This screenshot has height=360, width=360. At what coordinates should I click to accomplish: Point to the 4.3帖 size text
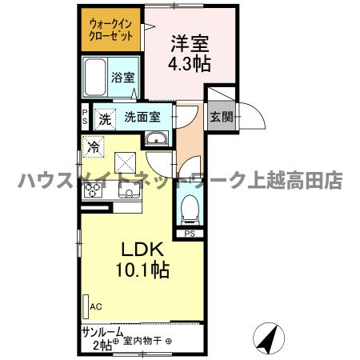(x=189, y=65)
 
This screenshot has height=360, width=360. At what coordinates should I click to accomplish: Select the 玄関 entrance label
(x=222, y=117)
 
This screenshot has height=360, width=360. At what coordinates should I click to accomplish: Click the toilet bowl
(x=189, y=210)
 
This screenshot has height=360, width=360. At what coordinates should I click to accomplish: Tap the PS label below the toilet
(x=190, y=234)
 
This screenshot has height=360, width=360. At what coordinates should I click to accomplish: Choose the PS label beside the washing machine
(x=86, y=117)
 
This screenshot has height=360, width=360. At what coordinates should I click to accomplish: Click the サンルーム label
(x=102, y=331)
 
